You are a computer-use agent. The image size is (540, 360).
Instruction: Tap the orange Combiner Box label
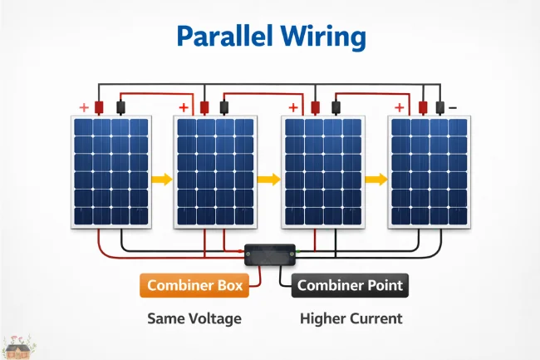[194, 285]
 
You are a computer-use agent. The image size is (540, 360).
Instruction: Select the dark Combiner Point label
[350, 285]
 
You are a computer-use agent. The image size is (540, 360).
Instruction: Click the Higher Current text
[351, 318]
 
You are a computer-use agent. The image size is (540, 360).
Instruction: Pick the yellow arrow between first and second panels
[162, 178]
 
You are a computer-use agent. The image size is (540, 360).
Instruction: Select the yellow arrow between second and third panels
[269, 178]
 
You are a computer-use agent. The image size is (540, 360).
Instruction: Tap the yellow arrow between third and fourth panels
[376, 178]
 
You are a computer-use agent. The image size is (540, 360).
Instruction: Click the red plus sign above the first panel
[83, 108]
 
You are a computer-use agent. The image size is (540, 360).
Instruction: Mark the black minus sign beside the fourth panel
[453, 108]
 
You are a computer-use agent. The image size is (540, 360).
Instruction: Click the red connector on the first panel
[99, 107]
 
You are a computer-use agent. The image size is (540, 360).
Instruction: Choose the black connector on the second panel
[223, 107]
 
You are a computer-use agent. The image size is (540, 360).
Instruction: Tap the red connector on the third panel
[316, 107]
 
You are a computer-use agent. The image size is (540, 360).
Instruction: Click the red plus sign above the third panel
[293, 108]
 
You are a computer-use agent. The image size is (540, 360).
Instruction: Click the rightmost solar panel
[430, 171]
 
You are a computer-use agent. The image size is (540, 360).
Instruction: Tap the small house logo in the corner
[17, 347]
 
